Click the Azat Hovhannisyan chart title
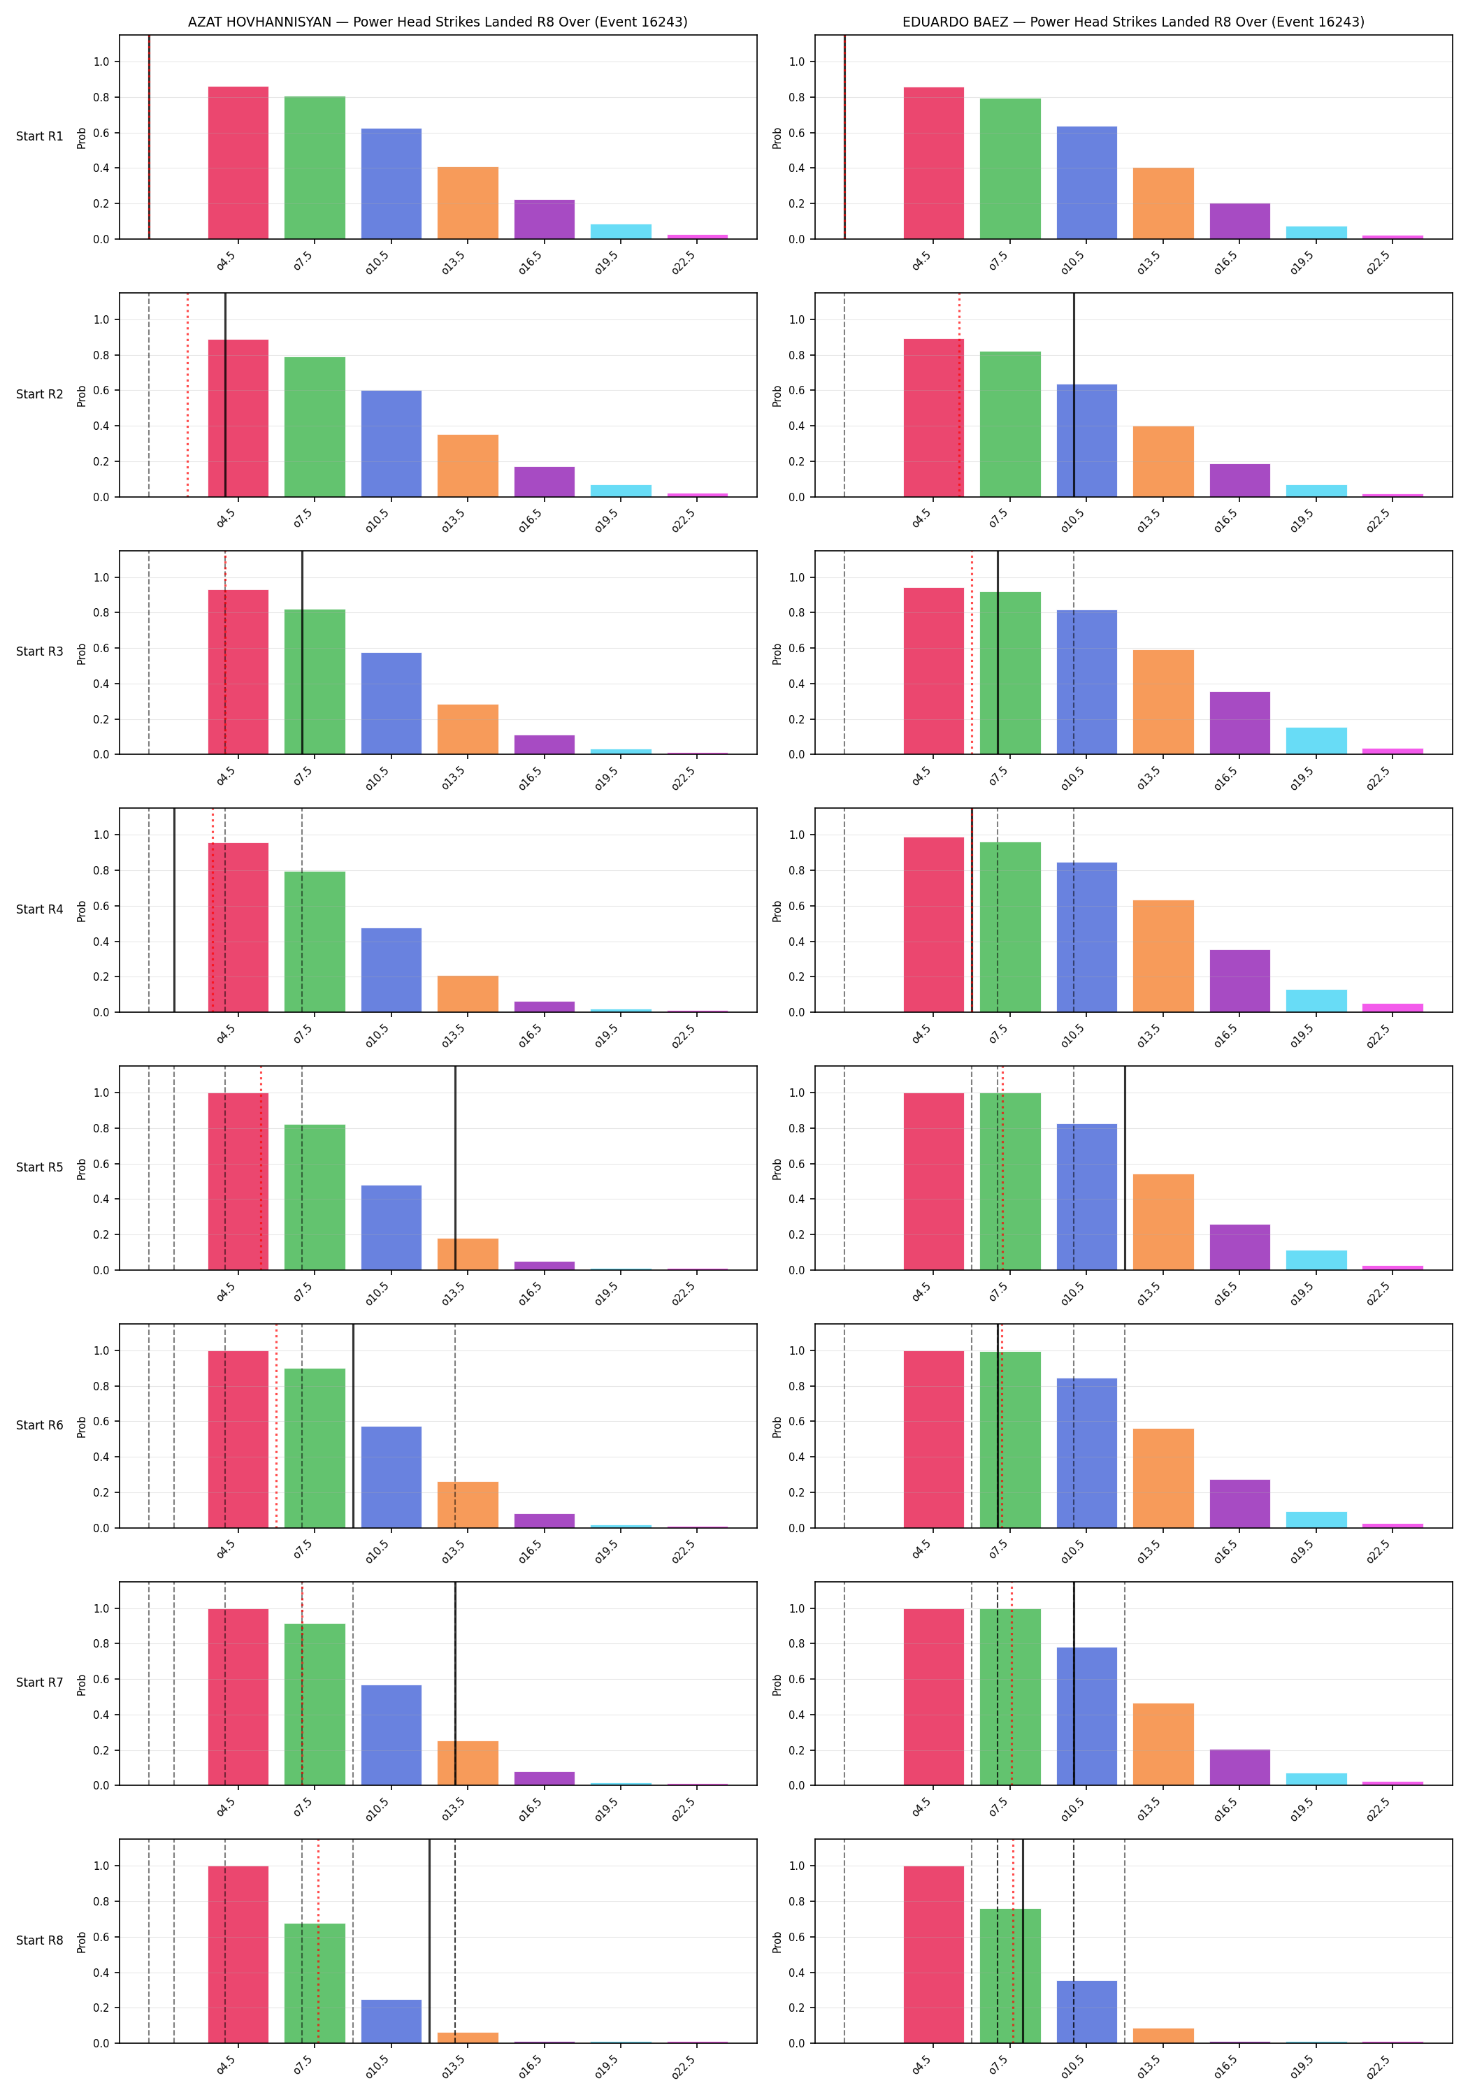(438, 22)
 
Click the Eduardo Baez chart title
(1132, 22)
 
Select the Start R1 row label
(39, 136)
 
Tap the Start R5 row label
(39, 1167)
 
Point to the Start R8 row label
(39, 1940)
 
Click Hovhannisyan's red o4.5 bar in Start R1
(238, 163)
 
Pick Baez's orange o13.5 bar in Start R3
(1163, 702)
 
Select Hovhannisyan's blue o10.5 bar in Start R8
(391, 2022)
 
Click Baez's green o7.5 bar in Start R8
(1010, 1975)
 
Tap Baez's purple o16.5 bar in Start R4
(1239, 981)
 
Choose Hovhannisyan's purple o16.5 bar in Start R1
(545, 219)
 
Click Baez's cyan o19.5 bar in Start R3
(1316, 741)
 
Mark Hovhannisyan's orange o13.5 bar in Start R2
(468, 466)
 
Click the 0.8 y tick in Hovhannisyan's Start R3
(101, 613)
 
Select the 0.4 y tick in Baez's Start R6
(797, 1457)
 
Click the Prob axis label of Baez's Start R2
(777, 396)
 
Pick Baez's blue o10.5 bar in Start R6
(1087, 1453)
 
